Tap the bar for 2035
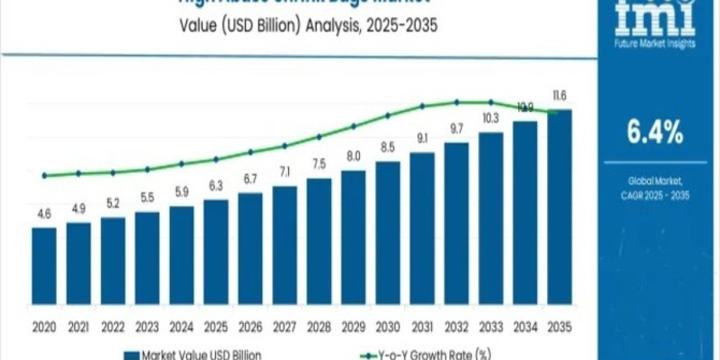pos(559,210)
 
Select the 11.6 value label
pos(559,96)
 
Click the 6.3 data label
pos(215,187)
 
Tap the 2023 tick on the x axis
pos(147,327)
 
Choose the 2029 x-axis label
pos(353,327)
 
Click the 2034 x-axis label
pos(525,327)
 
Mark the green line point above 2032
pos(457,102)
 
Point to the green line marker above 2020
pos(44,176)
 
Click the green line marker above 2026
pos(250,152)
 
